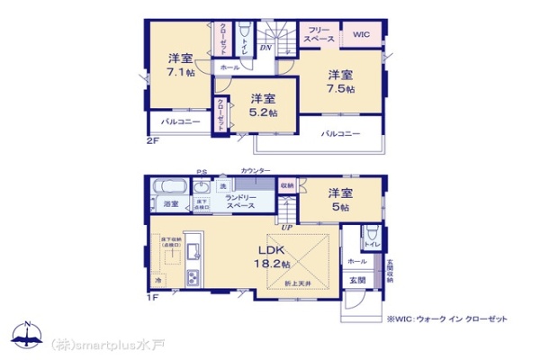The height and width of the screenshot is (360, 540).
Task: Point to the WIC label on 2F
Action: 362,35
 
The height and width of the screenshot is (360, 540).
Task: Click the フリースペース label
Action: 319,35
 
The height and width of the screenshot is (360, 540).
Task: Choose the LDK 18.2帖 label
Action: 273,256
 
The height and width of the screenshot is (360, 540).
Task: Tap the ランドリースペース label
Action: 240,203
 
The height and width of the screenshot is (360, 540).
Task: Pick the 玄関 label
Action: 357,279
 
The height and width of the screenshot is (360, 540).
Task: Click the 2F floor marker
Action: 153,140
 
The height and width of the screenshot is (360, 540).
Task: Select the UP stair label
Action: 285,227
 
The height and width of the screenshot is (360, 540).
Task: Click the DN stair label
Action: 266,47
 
